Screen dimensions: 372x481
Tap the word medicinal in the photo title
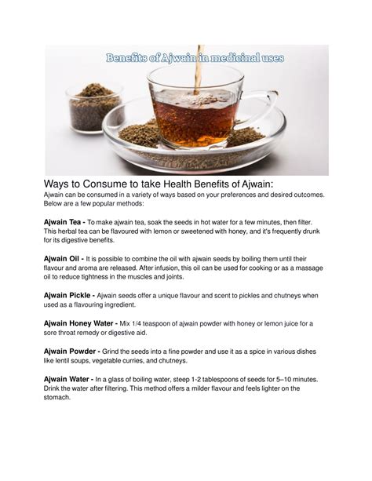pos(231,57)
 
